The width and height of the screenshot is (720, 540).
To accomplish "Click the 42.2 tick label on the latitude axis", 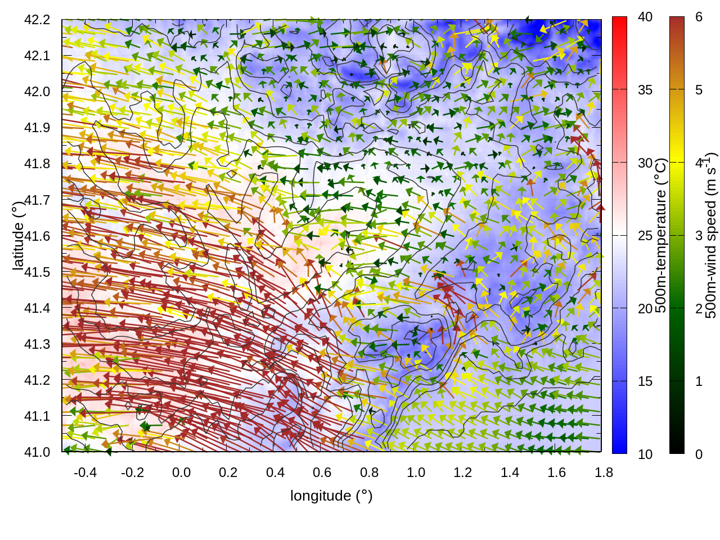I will pyautogui.click(x=37, y=20).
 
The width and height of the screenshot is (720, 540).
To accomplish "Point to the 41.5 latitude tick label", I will pyautogui.click(x=37, y=272).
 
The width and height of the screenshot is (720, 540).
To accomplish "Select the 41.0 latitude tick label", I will pyautogui.click(x=37, y=452).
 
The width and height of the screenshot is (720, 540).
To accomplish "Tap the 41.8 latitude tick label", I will pyautogui.click(x=37, y=164).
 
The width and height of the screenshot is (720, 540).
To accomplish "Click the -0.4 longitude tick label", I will pyautogui.click(x=85, y=472).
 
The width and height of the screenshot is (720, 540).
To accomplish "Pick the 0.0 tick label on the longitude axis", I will pyautogui.click(x=181, y=472).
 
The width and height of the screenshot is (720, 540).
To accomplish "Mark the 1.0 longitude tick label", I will pyautogui.click(x=416, y=472).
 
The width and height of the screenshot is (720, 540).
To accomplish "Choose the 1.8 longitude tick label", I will pyautogui.click(x=604, y=472).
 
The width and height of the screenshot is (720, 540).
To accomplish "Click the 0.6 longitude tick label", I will pyautogui.click(x=322, y=472).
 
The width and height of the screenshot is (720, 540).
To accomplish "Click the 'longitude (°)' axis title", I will pyautogui.click(x=331, y=496).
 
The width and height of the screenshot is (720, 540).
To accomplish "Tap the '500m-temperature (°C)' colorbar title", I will pyautogui.click(x=661, y=235).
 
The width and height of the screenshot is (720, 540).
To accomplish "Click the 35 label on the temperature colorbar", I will pyautogui.click(x=645, y=90).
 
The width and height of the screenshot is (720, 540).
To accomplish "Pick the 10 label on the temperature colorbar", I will pyautogui.click(x=645, y=454).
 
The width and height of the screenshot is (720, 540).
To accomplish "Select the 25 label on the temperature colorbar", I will pyautogui.click(x=645, y=236).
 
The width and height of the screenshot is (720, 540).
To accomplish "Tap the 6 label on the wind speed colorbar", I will pyautogui.click(x=699, y=17).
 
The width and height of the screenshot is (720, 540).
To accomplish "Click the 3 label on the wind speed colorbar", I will pyautogui.click(x=699, y=236).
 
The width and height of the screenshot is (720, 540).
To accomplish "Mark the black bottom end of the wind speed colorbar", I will pyautogui.click(x=677, y=449).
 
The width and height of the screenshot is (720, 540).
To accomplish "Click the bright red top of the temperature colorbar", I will pyautogui.click(x=619, y=21).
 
